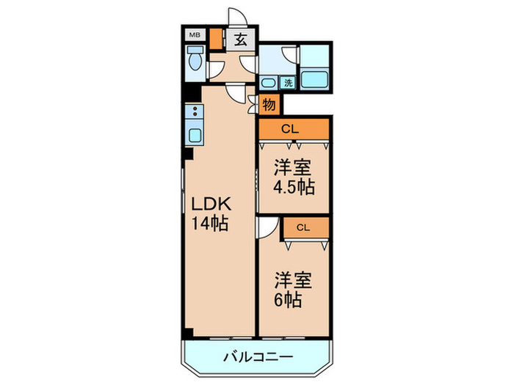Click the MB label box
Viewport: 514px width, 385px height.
coord(195,34)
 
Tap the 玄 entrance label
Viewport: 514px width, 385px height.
coord(240,40)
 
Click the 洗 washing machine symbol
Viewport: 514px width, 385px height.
coord(288,83)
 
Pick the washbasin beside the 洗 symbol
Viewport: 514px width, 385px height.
coord(269,83)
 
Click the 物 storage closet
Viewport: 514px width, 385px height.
coord(269,105)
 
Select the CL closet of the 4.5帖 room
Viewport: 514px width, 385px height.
coord(292,129)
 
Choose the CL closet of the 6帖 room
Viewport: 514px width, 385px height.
coord(304,227)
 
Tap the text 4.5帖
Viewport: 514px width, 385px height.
coord(294,187)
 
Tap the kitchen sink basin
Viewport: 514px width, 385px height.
coord(195,135)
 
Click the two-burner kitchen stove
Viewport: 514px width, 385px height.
coord(195,113)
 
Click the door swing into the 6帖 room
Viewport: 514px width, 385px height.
coord(267,228)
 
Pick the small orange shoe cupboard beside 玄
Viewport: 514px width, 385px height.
coord(216,39)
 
